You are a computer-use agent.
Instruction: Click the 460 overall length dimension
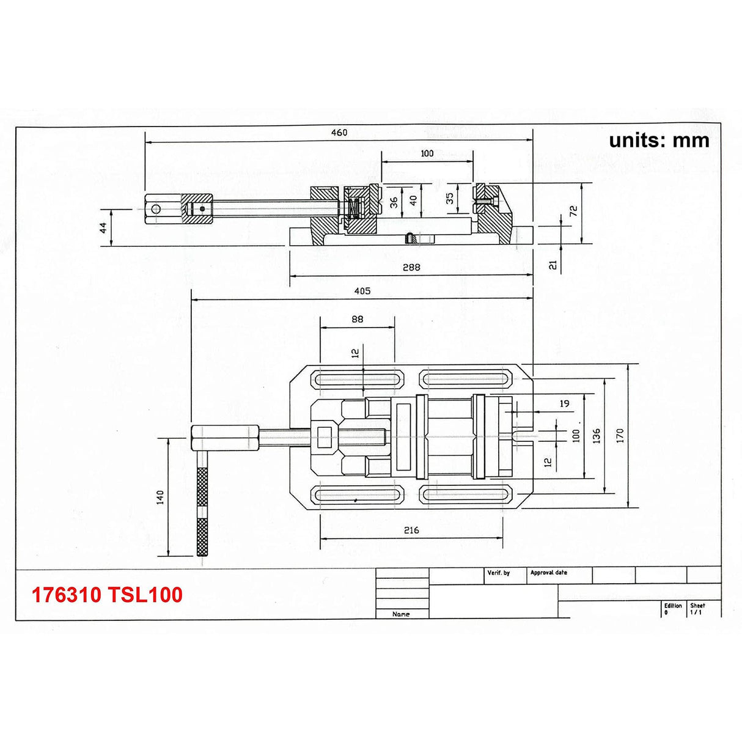tap(339, 133)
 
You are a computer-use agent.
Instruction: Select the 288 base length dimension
tap(411, 267)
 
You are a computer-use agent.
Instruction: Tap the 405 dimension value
tap(362, 291)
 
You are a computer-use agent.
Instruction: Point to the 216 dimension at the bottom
tap(411, 530)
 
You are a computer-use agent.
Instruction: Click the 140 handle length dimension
tap(160, 497)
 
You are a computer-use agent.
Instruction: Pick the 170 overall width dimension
tap(620, 435)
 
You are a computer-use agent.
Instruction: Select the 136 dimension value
tap(597, 435)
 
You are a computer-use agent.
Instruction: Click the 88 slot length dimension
tap(358, 319)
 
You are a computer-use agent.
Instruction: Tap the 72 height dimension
tap(573, 211)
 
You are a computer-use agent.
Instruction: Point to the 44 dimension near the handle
tap(103, 227)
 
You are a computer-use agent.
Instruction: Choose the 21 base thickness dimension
tap(553, 265)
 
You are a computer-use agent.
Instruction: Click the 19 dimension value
tap(564, 403)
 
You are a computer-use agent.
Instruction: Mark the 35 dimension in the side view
tap(450, 199)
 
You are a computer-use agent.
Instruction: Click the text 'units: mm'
tap(659, 140)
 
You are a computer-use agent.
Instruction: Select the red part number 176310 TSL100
tap(107, 595)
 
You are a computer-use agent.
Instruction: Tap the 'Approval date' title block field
tap(548, 573)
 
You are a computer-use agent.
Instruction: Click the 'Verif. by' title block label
tap(498, 573)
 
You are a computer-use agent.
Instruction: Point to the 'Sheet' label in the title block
tap(697, 605)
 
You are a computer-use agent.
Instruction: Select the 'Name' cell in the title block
tap(401, 614)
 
